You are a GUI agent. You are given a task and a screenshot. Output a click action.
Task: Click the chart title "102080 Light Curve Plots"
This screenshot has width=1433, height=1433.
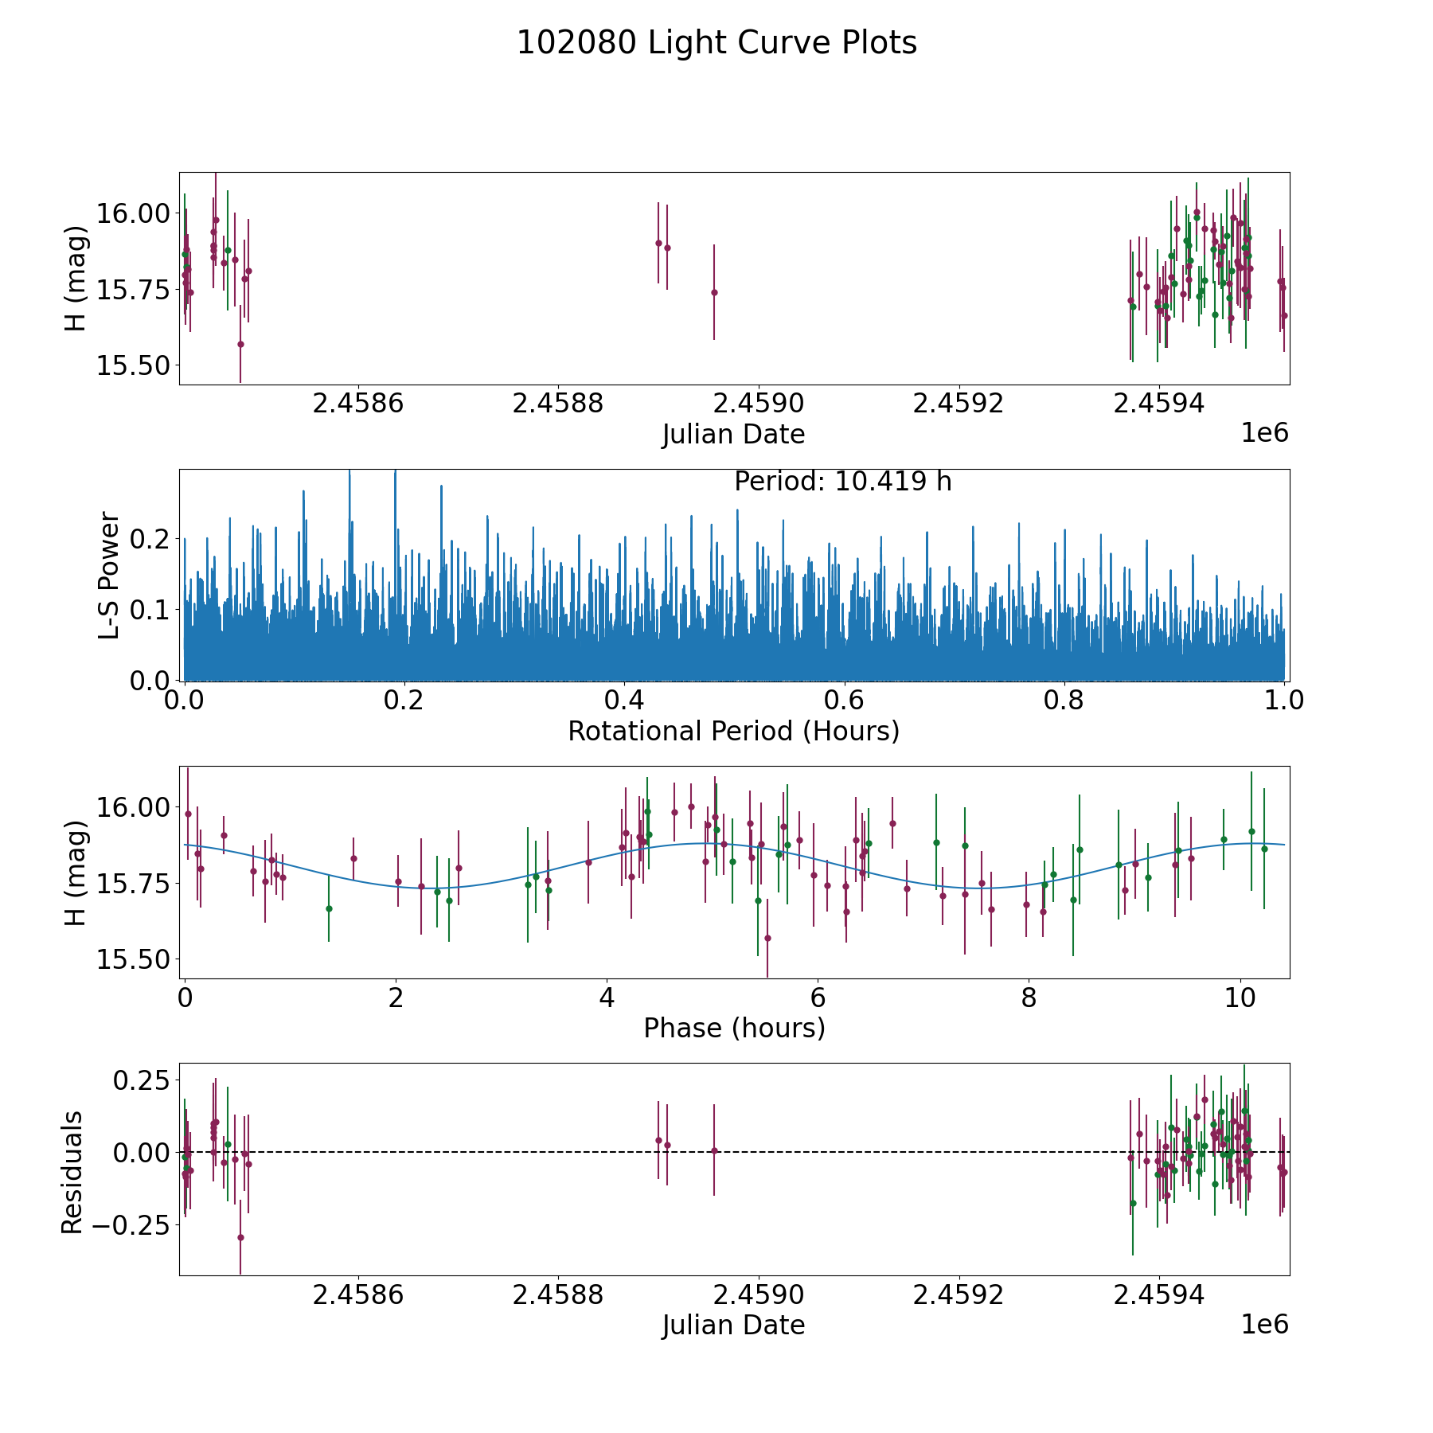(x=716, y=43)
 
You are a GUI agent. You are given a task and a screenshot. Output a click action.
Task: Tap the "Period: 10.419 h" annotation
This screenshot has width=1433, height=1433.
(x=842, y=482)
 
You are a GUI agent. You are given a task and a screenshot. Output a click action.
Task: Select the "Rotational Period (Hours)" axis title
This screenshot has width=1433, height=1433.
(x=733, y=731)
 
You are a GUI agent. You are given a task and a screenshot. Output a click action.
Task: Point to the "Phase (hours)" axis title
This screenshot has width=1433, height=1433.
(x=734, y=1028)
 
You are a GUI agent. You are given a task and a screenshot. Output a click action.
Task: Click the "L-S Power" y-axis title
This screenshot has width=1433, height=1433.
(x=110, y=575)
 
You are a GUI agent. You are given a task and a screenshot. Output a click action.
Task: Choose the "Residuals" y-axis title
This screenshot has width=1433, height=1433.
(x=72, y=1172)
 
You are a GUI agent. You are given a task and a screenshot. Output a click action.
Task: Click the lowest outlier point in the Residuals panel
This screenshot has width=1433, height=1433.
(x=240, y=1237)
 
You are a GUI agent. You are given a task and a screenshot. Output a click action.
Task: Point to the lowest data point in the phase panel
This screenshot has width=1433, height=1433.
(x=767, y=938)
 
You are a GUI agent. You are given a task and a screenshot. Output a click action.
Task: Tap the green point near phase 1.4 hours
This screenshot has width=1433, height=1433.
(x=329, y=908)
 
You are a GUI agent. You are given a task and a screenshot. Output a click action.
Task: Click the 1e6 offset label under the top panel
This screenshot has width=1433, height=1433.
(x=1265, y=433)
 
